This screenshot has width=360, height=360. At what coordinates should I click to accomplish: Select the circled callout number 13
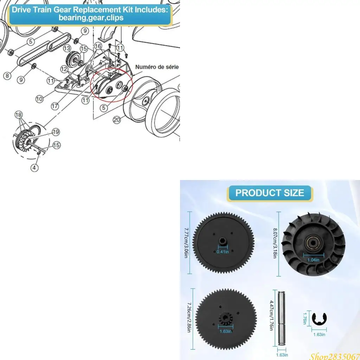(67, 47)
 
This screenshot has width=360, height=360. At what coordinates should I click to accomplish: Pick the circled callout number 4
(34, 168)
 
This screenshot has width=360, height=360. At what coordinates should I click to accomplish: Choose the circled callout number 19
(56, 133)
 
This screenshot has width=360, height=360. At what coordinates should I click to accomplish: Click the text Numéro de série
(157, 67)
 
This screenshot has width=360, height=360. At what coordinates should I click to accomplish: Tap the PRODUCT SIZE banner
(269, 193)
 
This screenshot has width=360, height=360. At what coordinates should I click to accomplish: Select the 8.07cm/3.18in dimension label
(275, 244)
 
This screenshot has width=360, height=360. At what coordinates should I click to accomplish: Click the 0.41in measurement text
(222, 252)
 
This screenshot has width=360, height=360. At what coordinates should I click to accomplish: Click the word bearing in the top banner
(70, 18)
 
